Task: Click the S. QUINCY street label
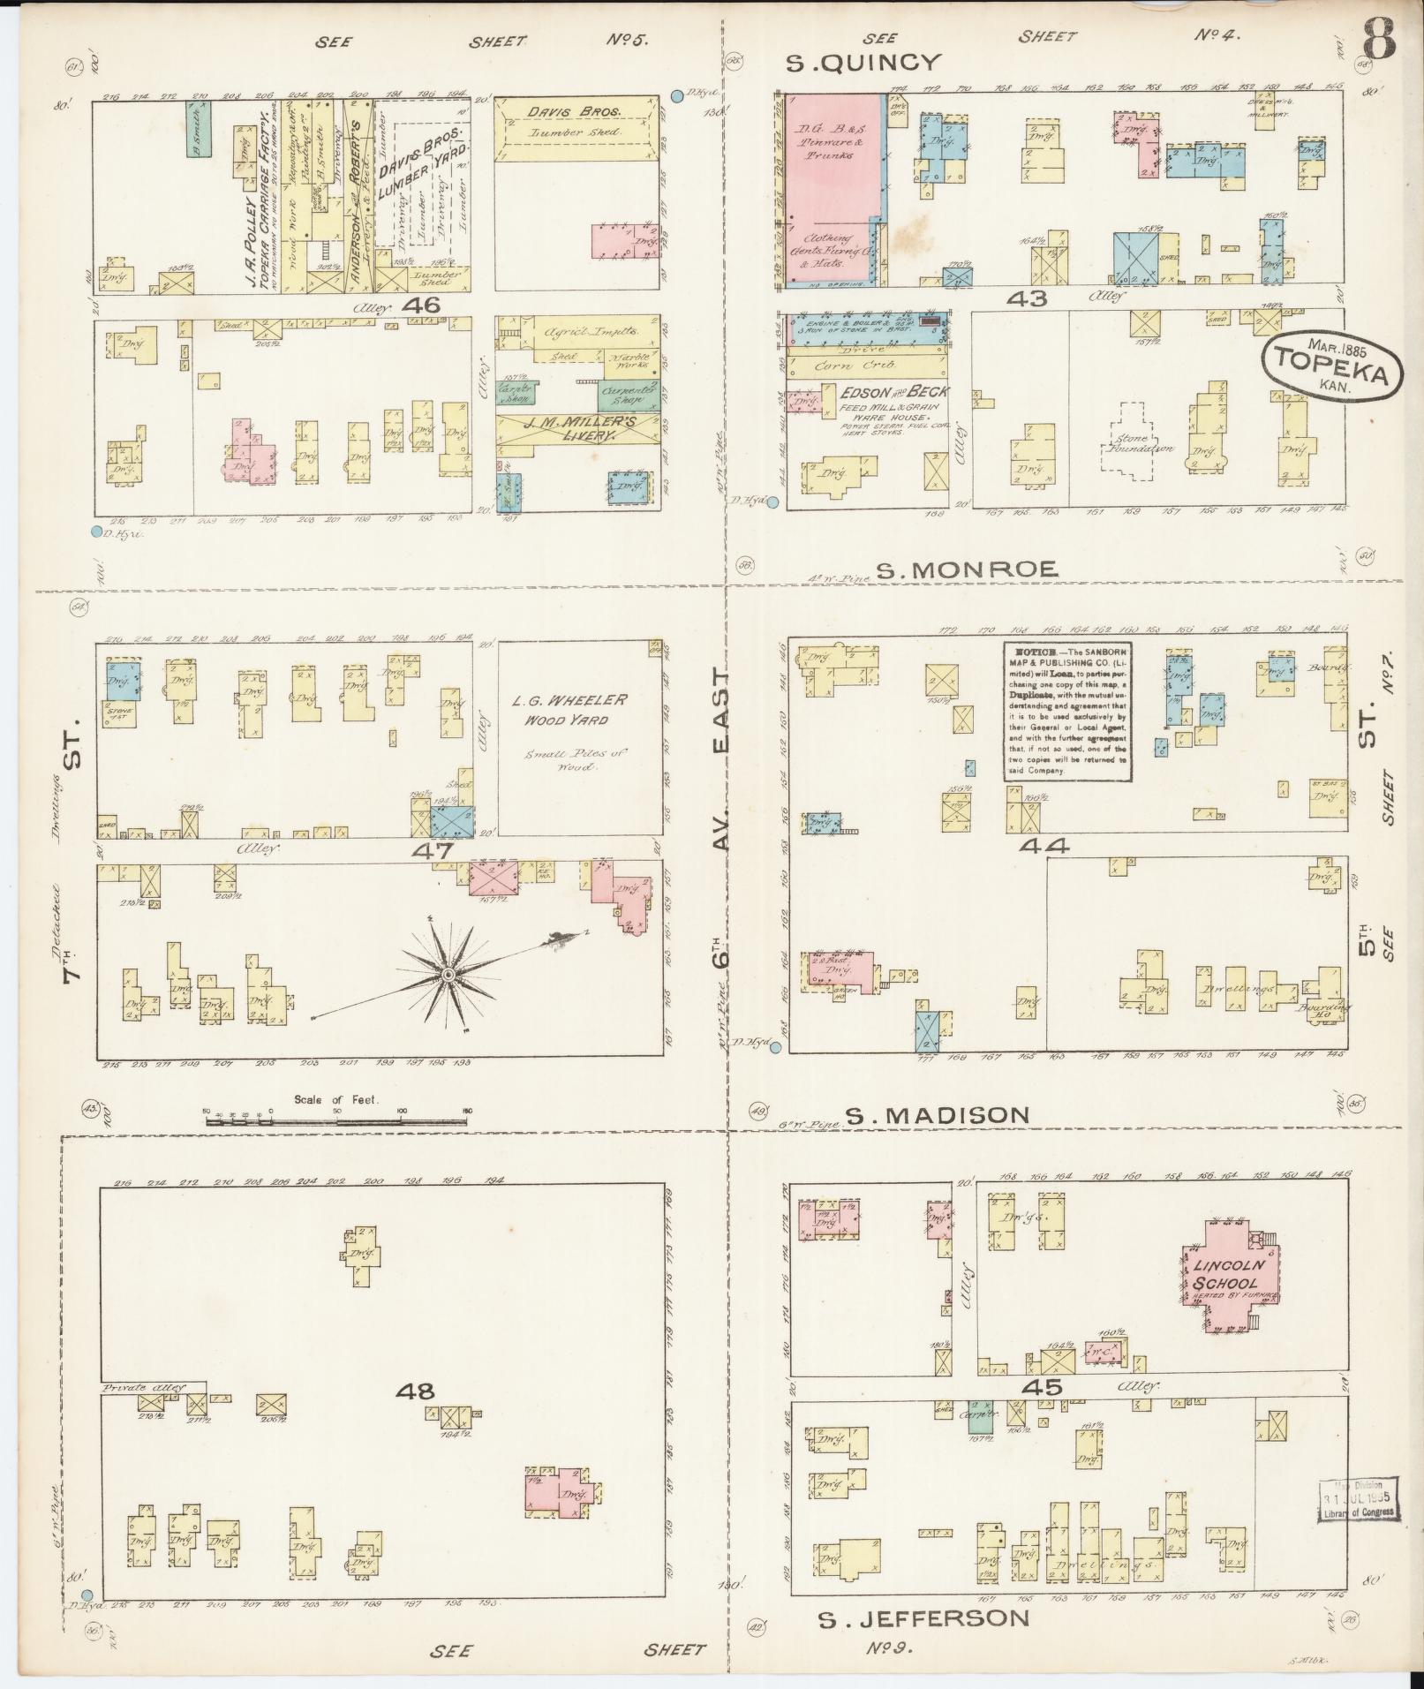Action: pos(863,62)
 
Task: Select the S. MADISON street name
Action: pos(937,1115)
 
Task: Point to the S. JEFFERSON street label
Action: pos(923,1618)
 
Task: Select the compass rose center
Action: pos(448,974)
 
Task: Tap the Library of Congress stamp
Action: pos(1358,1498)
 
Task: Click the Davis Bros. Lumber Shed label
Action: pos(576,122)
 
